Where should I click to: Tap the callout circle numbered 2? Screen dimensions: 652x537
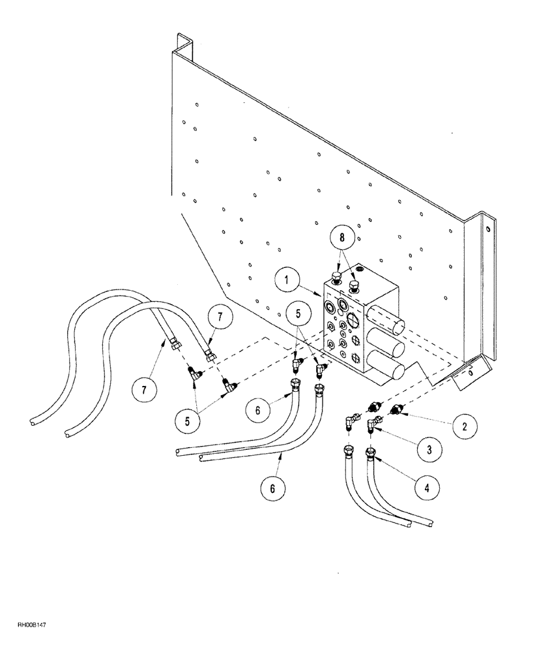click(x=463, y=426)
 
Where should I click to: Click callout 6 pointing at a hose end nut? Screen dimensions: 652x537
click(x=257, y=411)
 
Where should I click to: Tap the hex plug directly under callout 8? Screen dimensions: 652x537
click(x=355, y=286)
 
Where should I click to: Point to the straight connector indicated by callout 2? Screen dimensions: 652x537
click(x=396, y=410)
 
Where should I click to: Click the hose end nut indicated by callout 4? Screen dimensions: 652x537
click(x=370, y=453)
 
